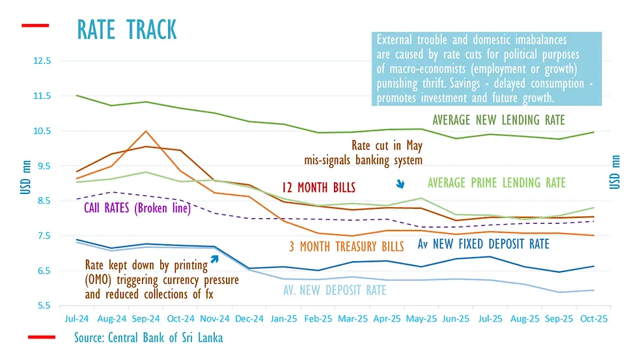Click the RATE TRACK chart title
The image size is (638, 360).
click(127, 29)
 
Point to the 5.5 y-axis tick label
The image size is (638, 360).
click(43, 305)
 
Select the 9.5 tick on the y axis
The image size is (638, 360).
click(43, 166)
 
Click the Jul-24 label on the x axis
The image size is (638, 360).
click(77, 320)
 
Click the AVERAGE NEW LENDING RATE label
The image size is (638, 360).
click(499, 120)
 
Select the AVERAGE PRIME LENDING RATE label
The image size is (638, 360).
click(497, 183)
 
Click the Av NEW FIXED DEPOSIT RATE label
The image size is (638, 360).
click(483, 244)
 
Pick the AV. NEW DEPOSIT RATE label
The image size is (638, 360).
click(335, 290)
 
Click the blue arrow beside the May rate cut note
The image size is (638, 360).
click(400, 185)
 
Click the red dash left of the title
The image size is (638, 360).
click(35, 26)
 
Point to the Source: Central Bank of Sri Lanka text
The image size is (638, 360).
click(148, 339)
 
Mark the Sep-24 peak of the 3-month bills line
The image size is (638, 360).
click(146, 132)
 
